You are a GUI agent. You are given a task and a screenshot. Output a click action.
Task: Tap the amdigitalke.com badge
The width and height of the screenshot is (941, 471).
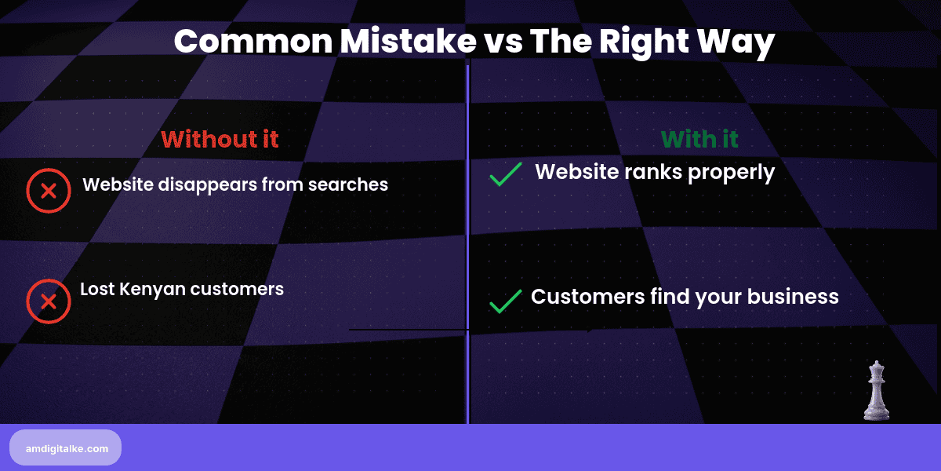pos(66,447)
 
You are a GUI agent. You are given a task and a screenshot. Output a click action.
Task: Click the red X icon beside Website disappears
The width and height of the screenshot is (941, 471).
pos(48,190)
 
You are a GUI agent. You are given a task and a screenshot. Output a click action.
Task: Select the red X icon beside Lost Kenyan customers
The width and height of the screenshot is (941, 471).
pos(48,301)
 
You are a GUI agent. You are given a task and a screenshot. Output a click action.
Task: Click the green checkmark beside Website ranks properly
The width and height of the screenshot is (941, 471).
pos(506,173)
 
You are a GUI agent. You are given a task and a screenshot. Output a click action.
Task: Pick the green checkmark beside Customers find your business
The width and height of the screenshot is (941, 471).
pos(506,301)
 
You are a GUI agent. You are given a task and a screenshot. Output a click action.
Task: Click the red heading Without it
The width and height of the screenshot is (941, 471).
pos(220,139)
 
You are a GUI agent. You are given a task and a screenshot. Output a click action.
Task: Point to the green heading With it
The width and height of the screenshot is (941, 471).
pos(699,139)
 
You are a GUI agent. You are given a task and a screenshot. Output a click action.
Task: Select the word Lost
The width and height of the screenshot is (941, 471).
pos(98,289)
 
